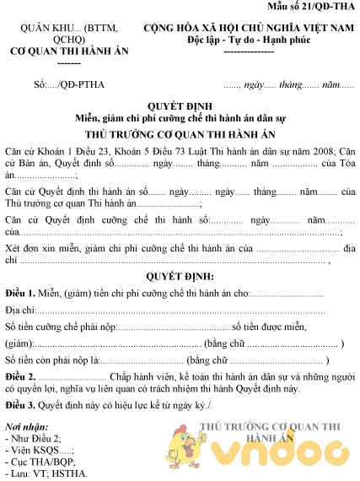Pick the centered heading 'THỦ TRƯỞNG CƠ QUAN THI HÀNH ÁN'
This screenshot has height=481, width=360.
click(x=180, y=135)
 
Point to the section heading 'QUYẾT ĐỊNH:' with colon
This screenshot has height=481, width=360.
click(x=180, y=277)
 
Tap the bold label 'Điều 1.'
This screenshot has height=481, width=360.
click(x=19, y=293)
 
